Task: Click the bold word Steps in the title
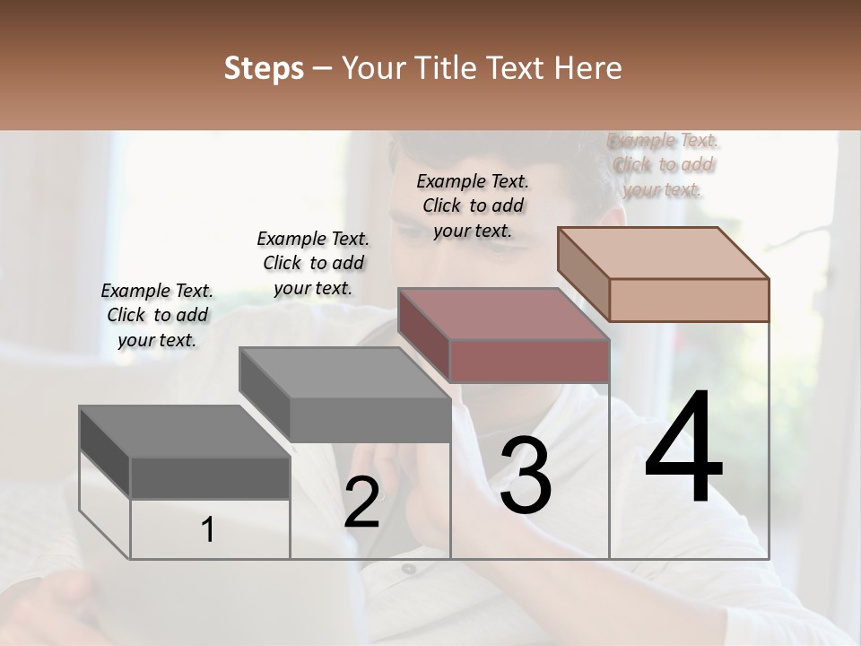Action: pyautogui.click(x=264, y=68)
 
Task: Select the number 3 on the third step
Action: pyautogui.click(x=525, y=476)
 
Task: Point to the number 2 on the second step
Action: pyautogui.click(x=361, y=502)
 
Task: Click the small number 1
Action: pyautogui.click(x=207, y=530)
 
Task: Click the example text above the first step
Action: pyautogui.click(x=157, y=315)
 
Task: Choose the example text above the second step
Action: pyautogui.click(x=313, y=263)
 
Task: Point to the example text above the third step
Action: pyautogui.click(x=473, y=205)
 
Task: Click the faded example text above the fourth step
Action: pyautogui.click(x=663, y=164)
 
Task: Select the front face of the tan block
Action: pyautogui.click(x=689, y=300)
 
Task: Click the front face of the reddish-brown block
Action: pyautogui.click(x=529, y=361)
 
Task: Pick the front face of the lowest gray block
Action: pyautogui.click(x=210, y=478)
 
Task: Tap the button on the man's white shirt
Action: pyautogui.click(x=409, y=568)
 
